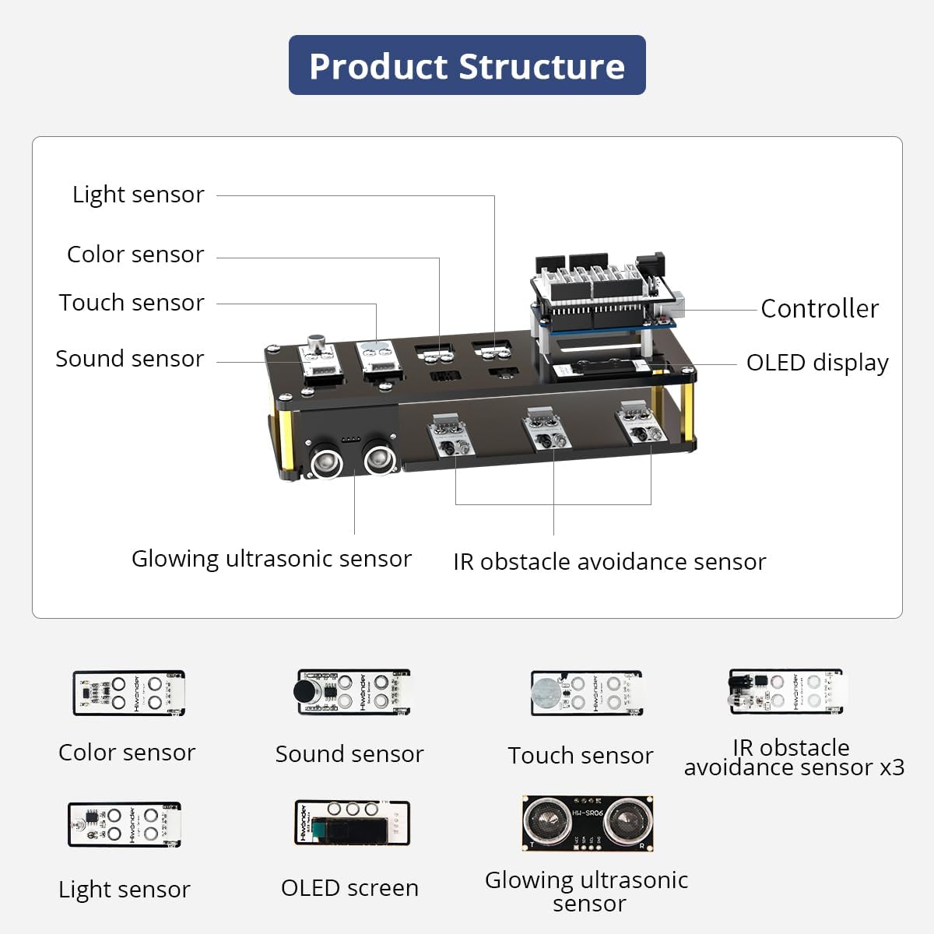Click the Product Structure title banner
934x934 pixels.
tap(467, 65)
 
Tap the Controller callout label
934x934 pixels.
tap(819, 309)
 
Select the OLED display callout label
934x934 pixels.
tap(816, 363)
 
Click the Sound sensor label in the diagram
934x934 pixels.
tap(130, 359)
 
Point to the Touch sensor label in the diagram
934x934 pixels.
tap(132, 303)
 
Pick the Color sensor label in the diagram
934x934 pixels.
tap(135, 255)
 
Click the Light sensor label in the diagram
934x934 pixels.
tap(139, 195)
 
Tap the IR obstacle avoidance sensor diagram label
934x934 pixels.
tap(609, 562)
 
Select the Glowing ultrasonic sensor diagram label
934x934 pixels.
tap(271, 559)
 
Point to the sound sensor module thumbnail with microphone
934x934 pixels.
tap(353, 691)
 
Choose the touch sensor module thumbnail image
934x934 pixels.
tap(585, 693)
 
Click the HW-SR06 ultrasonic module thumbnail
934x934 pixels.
tap(587, 823)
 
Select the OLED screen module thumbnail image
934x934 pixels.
tap(351, 824)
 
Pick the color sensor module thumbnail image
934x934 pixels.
tap(128, 693)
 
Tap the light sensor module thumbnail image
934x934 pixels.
tap(125, 825)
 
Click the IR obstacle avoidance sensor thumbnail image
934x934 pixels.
tap(785, 691)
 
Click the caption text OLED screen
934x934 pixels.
tap(349, 888)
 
